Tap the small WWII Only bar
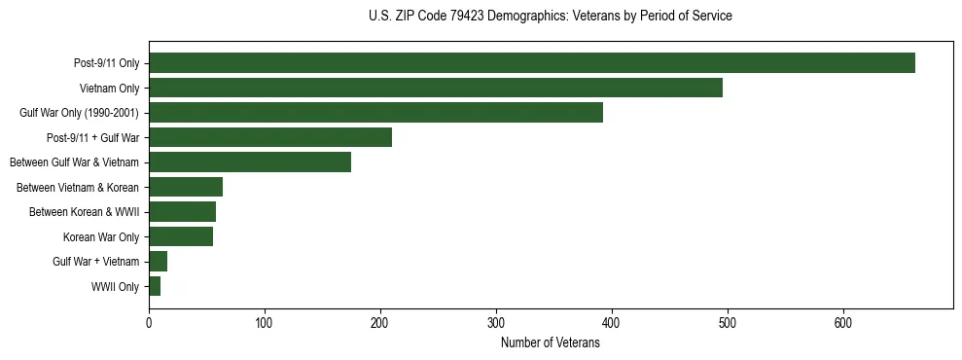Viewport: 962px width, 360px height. pyautogui.click(x=155, y=286)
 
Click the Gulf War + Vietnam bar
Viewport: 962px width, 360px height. pyautogui.click(x=159, y=262)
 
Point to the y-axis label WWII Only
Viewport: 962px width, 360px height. pyautogui.click(x=115, y=287)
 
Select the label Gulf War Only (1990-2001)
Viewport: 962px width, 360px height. pyautogui.click(x=79, y=113)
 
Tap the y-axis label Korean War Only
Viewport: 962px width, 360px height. pyautogui.click(x=101, y=237)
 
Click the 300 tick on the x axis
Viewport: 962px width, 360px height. pyautogui.click(x=496, y=323)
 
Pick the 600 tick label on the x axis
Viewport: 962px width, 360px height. pyautogui.click(x=843, y=323)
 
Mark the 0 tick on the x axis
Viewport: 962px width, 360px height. pyautogui.click(x=149, y=323)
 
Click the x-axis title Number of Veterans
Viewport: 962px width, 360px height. pyautogui.click(x=550, y=342)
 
